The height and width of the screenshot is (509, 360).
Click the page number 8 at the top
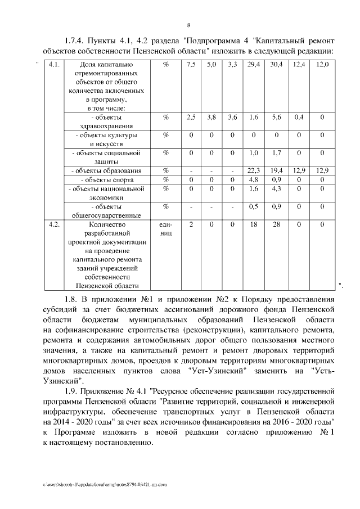(188, 25)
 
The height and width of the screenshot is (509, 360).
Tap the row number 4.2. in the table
(54, 225)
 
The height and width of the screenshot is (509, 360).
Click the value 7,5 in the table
(191, 65)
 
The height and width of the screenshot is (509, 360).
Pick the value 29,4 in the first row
(253, 65)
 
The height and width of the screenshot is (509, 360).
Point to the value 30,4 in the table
(276, 65)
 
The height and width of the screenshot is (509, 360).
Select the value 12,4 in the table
(299, 65)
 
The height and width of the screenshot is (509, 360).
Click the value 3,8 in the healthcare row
(211, 117)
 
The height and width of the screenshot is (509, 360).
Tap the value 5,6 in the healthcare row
(276, 117)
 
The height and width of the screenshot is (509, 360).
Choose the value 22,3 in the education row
(253, 170)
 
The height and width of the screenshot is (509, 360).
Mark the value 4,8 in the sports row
(253, 179)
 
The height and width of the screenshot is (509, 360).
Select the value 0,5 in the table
(253, 206)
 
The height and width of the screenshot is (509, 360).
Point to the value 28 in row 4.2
(276, 225)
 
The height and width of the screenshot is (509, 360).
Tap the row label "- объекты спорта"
(107, 180)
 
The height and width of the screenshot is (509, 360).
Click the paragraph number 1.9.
(71, 391)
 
